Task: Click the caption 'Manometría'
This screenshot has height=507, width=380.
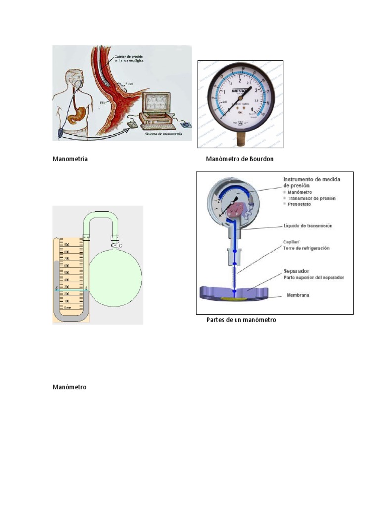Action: pyautogui.click(x=70, y=159)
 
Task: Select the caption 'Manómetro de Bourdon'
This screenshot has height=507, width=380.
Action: pyautogui.click(x=239, y=159)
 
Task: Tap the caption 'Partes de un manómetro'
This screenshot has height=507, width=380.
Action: pyautogui.click(x=241, y=320)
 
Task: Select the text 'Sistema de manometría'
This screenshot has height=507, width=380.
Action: pyautogui.click(x=163, y=134)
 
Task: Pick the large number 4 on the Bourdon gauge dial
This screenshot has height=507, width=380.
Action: pyautogui.click(x=253, y=109)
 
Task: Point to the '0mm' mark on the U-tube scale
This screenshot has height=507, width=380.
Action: pyautogui.click(x=67, y=307)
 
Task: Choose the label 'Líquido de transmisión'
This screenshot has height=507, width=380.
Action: pyautogui.click(x=307, y=226)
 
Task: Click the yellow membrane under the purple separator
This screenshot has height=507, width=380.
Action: pyautogui.click(x=235, y=299)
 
